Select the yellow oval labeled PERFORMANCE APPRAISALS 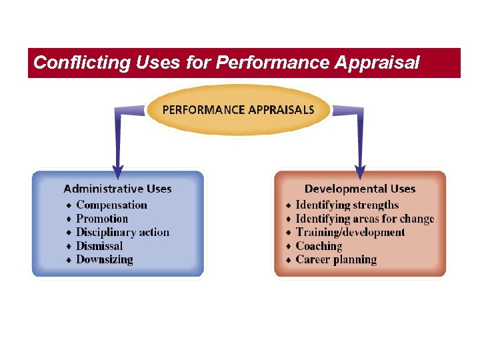coord(238,110)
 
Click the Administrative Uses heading coord(117,189)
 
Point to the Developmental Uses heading coord(360,189)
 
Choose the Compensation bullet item coord(111,205)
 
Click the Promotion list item coord(102,219)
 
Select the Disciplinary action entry coord(123,233)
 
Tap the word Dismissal coord(99,246)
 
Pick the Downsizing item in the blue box coord(105,260)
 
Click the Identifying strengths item coord(347,205)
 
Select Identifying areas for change coord(365,219)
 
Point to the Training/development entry coord(350,233)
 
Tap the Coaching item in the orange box coord(319,246)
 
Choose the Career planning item coord(336,260)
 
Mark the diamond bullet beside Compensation coord(69,205)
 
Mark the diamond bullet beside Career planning coord(288,260)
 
